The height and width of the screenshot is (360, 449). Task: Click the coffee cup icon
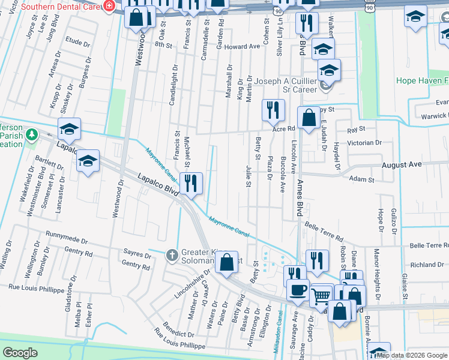click(298, 290)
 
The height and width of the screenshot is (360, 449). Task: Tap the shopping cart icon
click(322, 295)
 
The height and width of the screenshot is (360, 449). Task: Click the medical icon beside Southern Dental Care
click(109, 6)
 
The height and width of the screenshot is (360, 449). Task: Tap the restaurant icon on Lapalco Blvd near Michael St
click(191, 183)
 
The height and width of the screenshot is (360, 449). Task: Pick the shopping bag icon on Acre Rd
click(309, 118)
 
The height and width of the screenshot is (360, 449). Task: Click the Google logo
click(20, 353)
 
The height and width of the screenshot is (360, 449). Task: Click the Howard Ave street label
click(243, 47)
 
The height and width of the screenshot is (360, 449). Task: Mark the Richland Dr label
click(427, 265)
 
